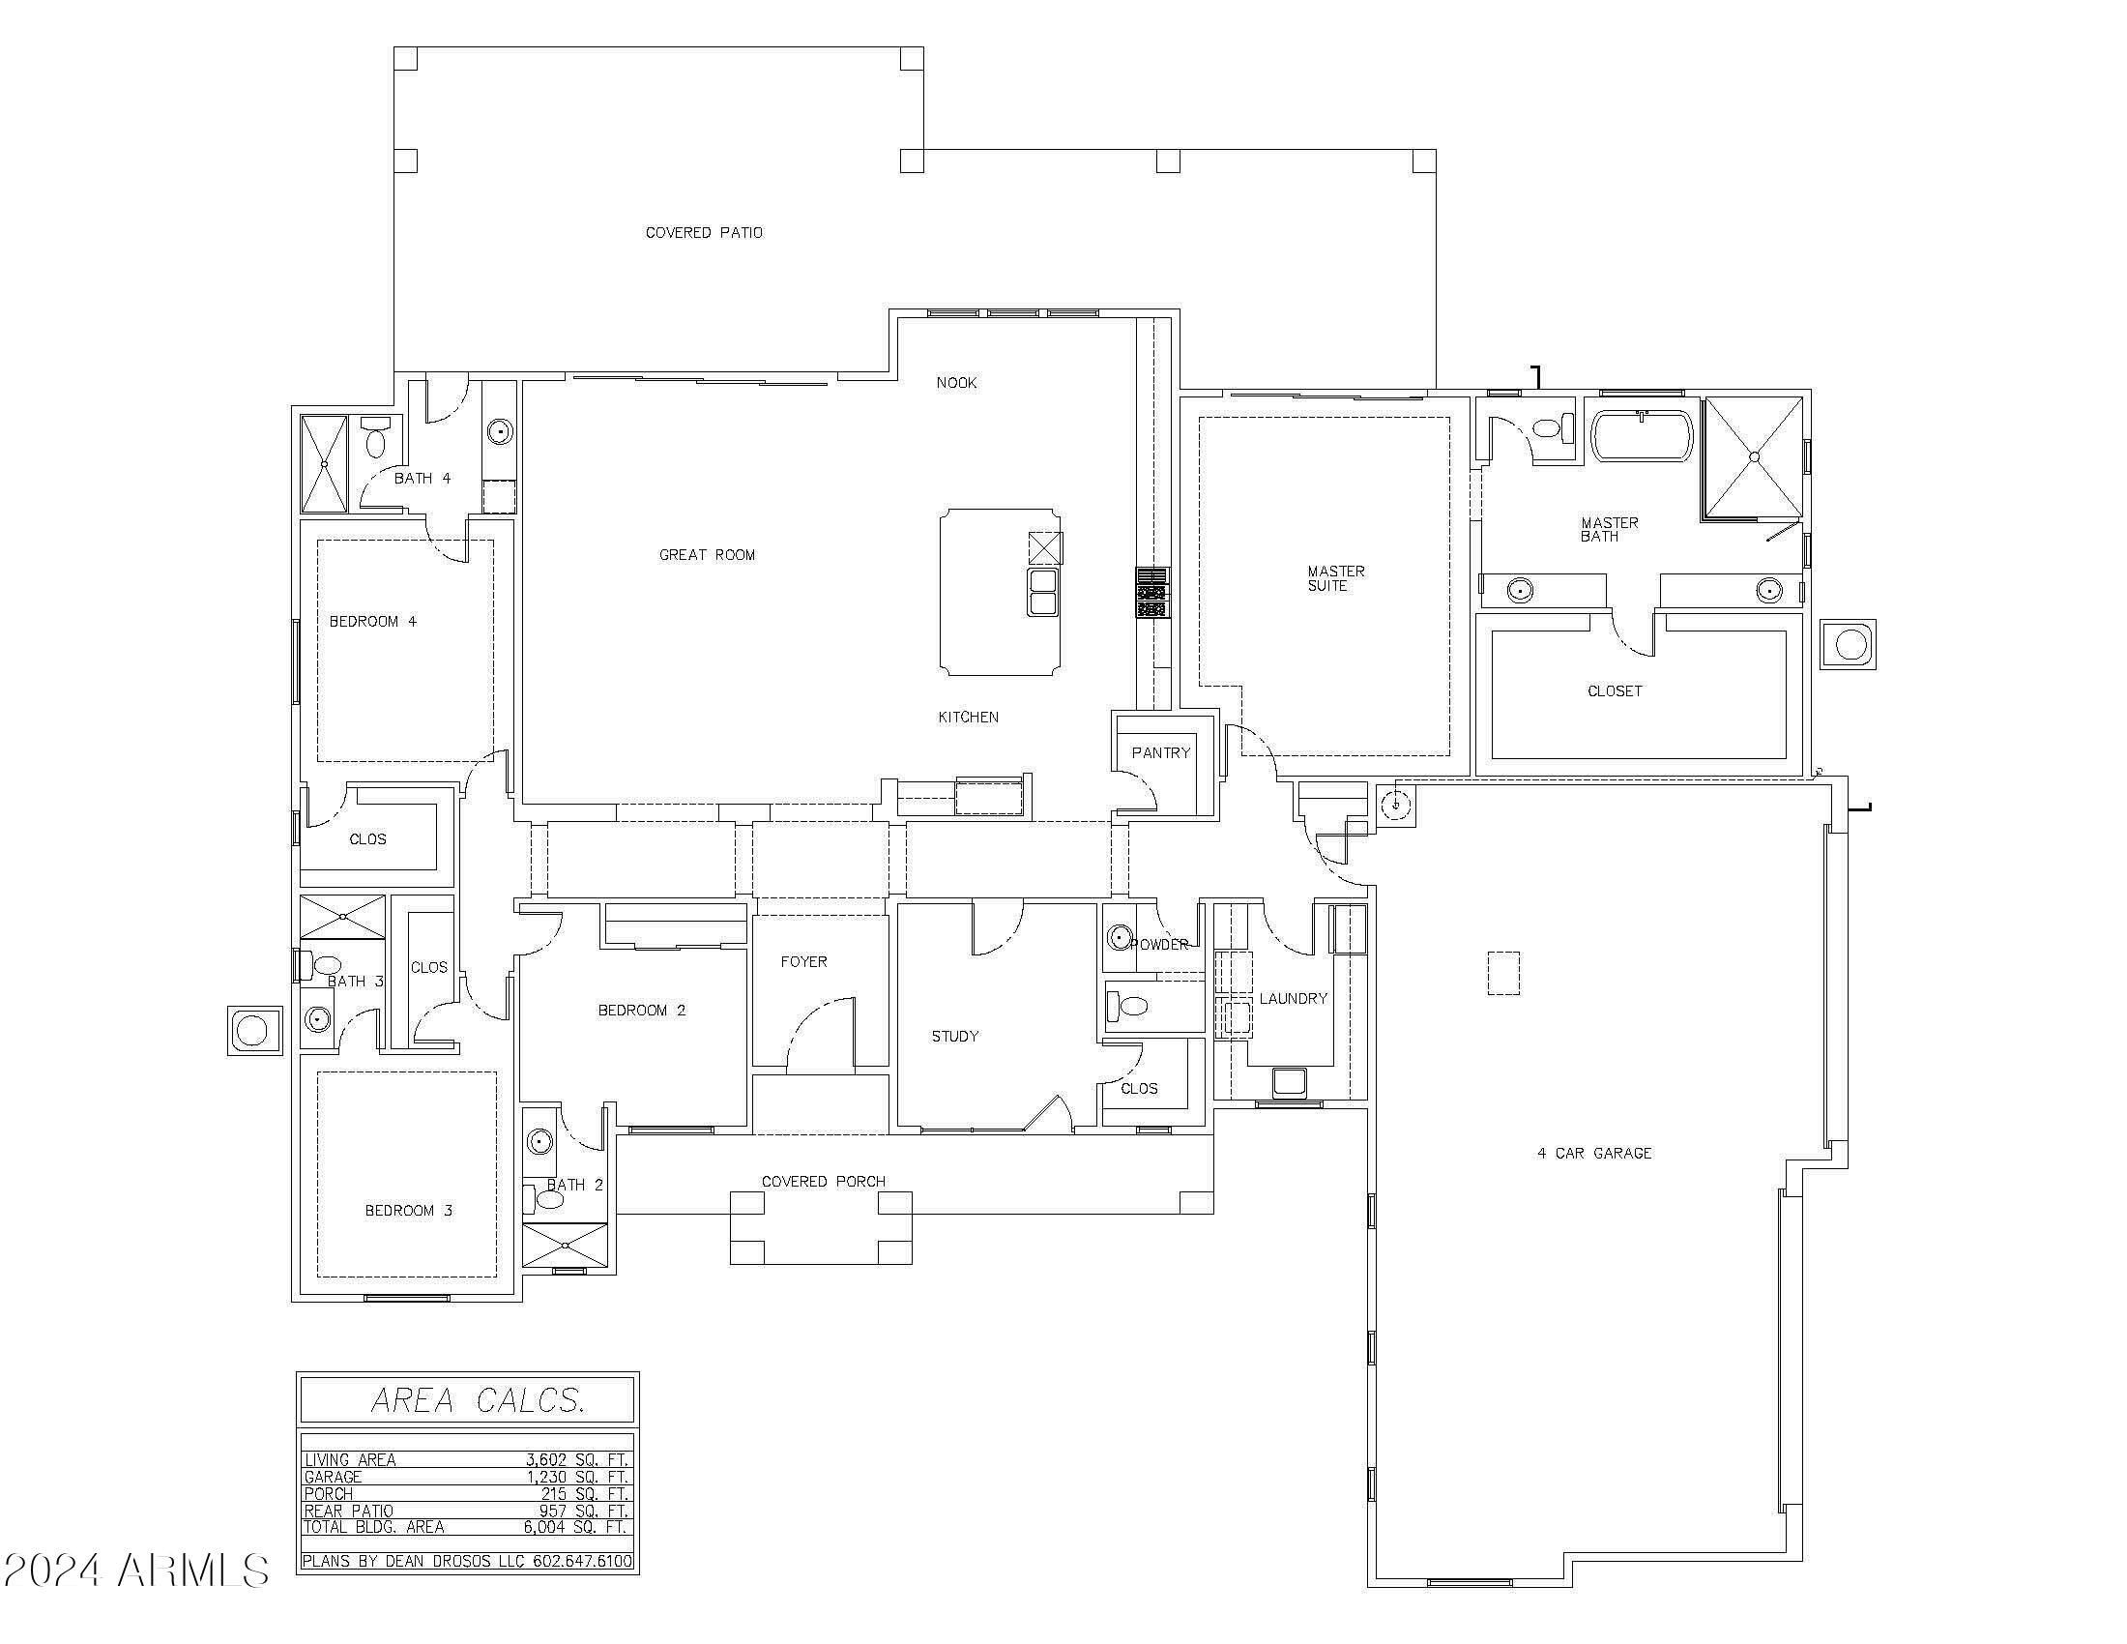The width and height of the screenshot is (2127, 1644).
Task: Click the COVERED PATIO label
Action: [x=703, y=233]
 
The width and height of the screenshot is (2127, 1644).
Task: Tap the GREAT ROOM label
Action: [x=707, y=555]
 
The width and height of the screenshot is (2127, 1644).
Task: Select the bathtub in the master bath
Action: [x=1641, y=435]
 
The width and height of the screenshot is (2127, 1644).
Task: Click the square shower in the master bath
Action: [x=1753, y=455]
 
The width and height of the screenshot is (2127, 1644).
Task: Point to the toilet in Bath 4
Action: [x=375, y=440]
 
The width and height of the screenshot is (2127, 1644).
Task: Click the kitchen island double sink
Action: [x=1043, y=591]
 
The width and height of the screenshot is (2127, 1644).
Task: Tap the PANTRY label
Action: [x=1160, y=752]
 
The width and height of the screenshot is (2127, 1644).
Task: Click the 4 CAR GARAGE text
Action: [x=1594, y=1153]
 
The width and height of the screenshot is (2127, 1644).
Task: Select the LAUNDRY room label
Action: [x=1293, y=999]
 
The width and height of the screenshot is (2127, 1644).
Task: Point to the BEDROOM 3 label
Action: [x=408, y=1211]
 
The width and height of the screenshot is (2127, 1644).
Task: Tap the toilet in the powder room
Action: [x=1129, y=1005]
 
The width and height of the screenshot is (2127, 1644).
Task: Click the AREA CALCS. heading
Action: [x=478, y=1400]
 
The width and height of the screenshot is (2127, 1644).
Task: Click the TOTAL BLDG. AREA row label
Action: [x=374, y=1527]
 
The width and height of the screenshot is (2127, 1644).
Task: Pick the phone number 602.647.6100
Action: [x=581, y=1561]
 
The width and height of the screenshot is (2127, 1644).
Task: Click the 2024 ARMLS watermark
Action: [x=135, y=1570]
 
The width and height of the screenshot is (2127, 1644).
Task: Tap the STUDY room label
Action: [x=954, y=1037]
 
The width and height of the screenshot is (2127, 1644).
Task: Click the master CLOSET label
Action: [x=1614, y=691]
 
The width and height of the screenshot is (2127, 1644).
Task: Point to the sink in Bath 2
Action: [x=539, y=1141]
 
